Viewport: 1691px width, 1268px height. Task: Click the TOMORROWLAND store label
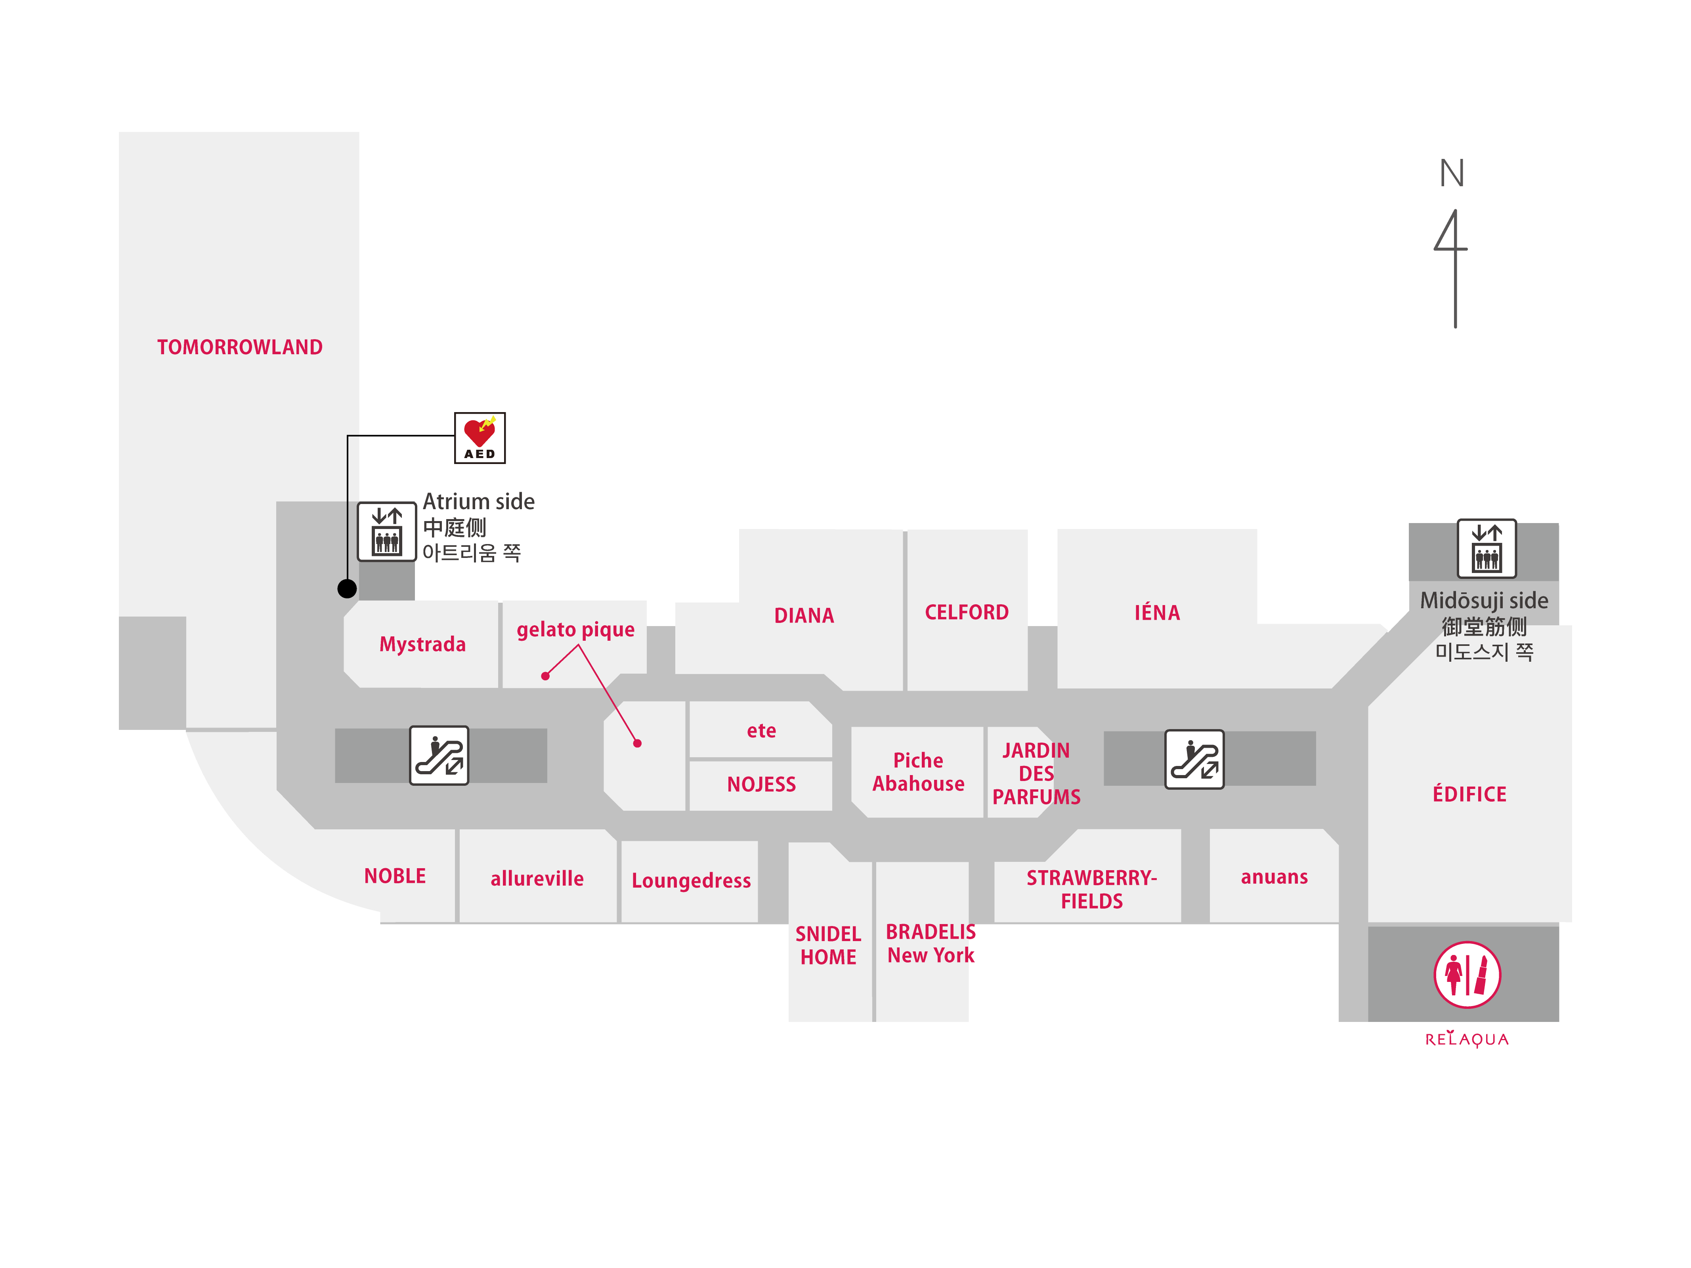click(x=239, y=347)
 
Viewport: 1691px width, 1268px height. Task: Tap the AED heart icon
click(x=479, y=437)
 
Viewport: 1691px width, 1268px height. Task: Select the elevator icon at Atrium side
click(x=387, y=531)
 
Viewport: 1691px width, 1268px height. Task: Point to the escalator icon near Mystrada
click(x=439, y=755)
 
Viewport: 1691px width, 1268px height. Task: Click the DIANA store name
click(x=803, y=615)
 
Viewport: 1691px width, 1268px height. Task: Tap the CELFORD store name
click(x=966, y=612)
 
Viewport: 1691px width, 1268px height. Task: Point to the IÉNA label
click(x=1157, y=612)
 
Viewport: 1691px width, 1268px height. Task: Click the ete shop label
click(x=761, y=731)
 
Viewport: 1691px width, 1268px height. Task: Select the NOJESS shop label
click(x=761, y=784)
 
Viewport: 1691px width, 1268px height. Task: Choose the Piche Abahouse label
click(x=918, y=772)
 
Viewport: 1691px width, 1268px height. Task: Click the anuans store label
click(x=1274, y=877)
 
